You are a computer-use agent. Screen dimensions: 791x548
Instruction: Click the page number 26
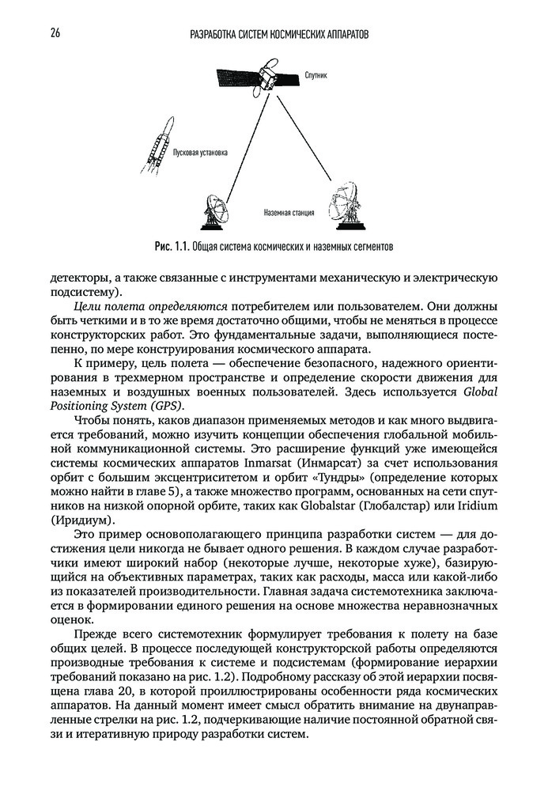(x=56, y=34)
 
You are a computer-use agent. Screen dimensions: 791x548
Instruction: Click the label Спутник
(x=316, y=76)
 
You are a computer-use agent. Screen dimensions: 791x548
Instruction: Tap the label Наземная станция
(x=289, y=212)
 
